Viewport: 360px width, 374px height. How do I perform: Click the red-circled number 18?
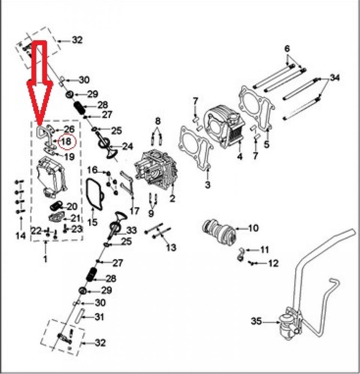coord(66,142)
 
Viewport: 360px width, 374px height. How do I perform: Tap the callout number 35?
coord(256,321)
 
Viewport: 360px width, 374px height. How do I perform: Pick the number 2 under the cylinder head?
coord(172,199)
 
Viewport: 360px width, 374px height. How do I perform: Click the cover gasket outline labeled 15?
coord(94,193)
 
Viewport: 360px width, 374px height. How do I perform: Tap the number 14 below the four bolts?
coord(20,236)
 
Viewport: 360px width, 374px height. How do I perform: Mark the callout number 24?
coord(127,146)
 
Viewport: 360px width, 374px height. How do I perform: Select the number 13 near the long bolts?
coord(171,248)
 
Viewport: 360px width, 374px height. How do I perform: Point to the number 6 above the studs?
coord(287,49)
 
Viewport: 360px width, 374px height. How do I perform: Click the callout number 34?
coord(335,78)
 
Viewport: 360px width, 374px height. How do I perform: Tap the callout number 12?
coord(273,263)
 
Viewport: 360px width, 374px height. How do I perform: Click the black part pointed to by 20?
coord(57,206)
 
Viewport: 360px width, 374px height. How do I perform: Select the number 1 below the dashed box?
coord(46,258)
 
